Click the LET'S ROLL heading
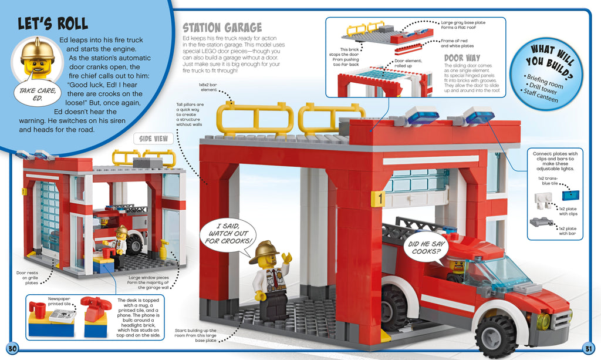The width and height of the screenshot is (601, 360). [53, 24]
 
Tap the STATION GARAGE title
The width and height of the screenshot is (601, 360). [222, 28]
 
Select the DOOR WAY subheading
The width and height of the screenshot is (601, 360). [462, 58]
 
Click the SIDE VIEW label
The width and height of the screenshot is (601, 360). [154, 139]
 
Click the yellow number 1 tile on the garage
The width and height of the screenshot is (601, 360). [379, 200]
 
